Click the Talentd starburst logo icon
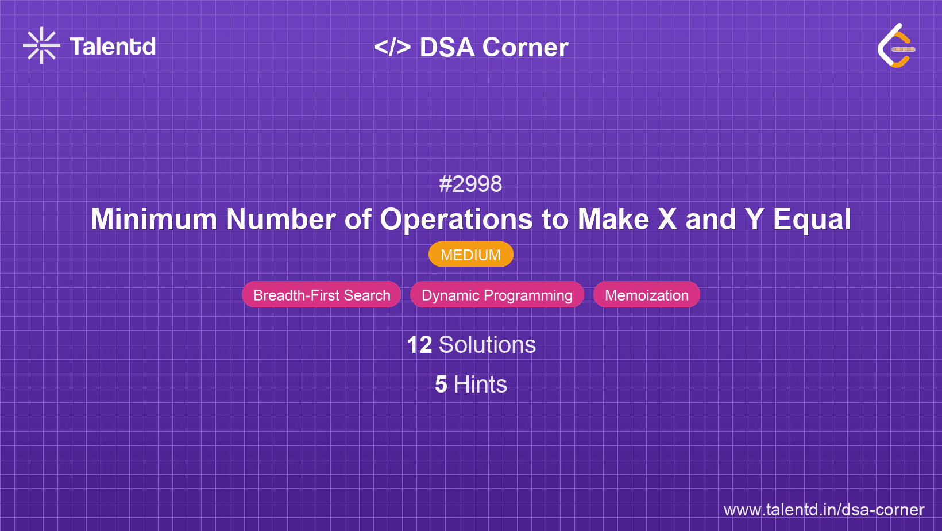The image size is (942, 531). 41,46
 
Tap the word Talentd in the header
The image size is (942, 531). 113,47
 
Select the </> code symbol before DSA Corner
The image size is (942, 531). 392,47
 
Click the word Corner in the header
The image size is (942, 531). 525,48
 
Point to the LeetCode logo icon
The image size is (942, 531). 896,46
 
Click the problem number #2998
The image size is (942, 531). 470,184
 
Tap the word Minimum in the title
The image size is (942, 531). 153,220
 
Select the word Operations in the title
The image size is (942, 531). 456,220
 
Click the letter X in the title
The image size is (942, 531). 667,220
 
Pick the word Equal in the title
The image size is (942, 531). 812,220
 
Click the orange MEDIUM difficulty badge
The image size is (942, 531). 470,255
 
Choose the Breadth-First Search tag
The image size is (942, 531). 322,295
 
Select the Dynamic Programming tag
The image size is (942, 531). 497,295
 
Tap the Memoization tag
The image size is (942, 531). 646,295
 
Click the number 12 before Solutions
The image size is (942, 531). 419,345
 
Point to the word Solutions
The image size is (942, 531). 487,345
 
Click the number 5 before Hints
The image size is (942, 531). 441,384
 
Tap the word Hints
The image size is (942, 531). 480,384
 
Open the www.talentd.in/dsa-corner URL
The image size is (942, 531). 824,510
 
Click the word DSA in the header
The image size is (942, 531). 447,48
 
